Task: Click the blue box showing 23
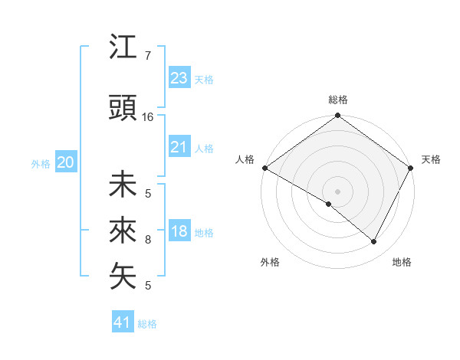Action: click(179, 78)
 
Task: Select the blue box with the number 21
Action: click(179, 147)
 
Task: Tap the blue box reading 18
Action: click(179, 231)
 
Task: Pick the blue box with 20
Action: click(66, 162)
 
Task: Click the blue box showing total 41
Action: click(123, 322)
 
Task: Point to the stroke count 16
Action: click(148, 117)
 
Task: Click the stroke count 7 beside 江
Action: click(148, 56)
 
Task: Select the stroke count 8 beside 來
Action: click(148, 240)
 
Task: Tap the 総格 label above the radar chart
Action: click(338, 100)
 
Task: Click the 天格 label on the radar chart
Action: click(432, 159)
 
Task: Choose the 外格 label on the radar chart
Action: click(270, 262)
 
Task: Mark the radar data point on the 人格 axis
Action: click(264, 168)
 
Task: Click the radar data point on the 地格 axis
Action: click(374, 241)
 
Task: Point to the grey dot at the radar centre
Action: click(337, 191)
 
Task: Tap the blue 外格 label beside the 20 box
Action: click(41, 163)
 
